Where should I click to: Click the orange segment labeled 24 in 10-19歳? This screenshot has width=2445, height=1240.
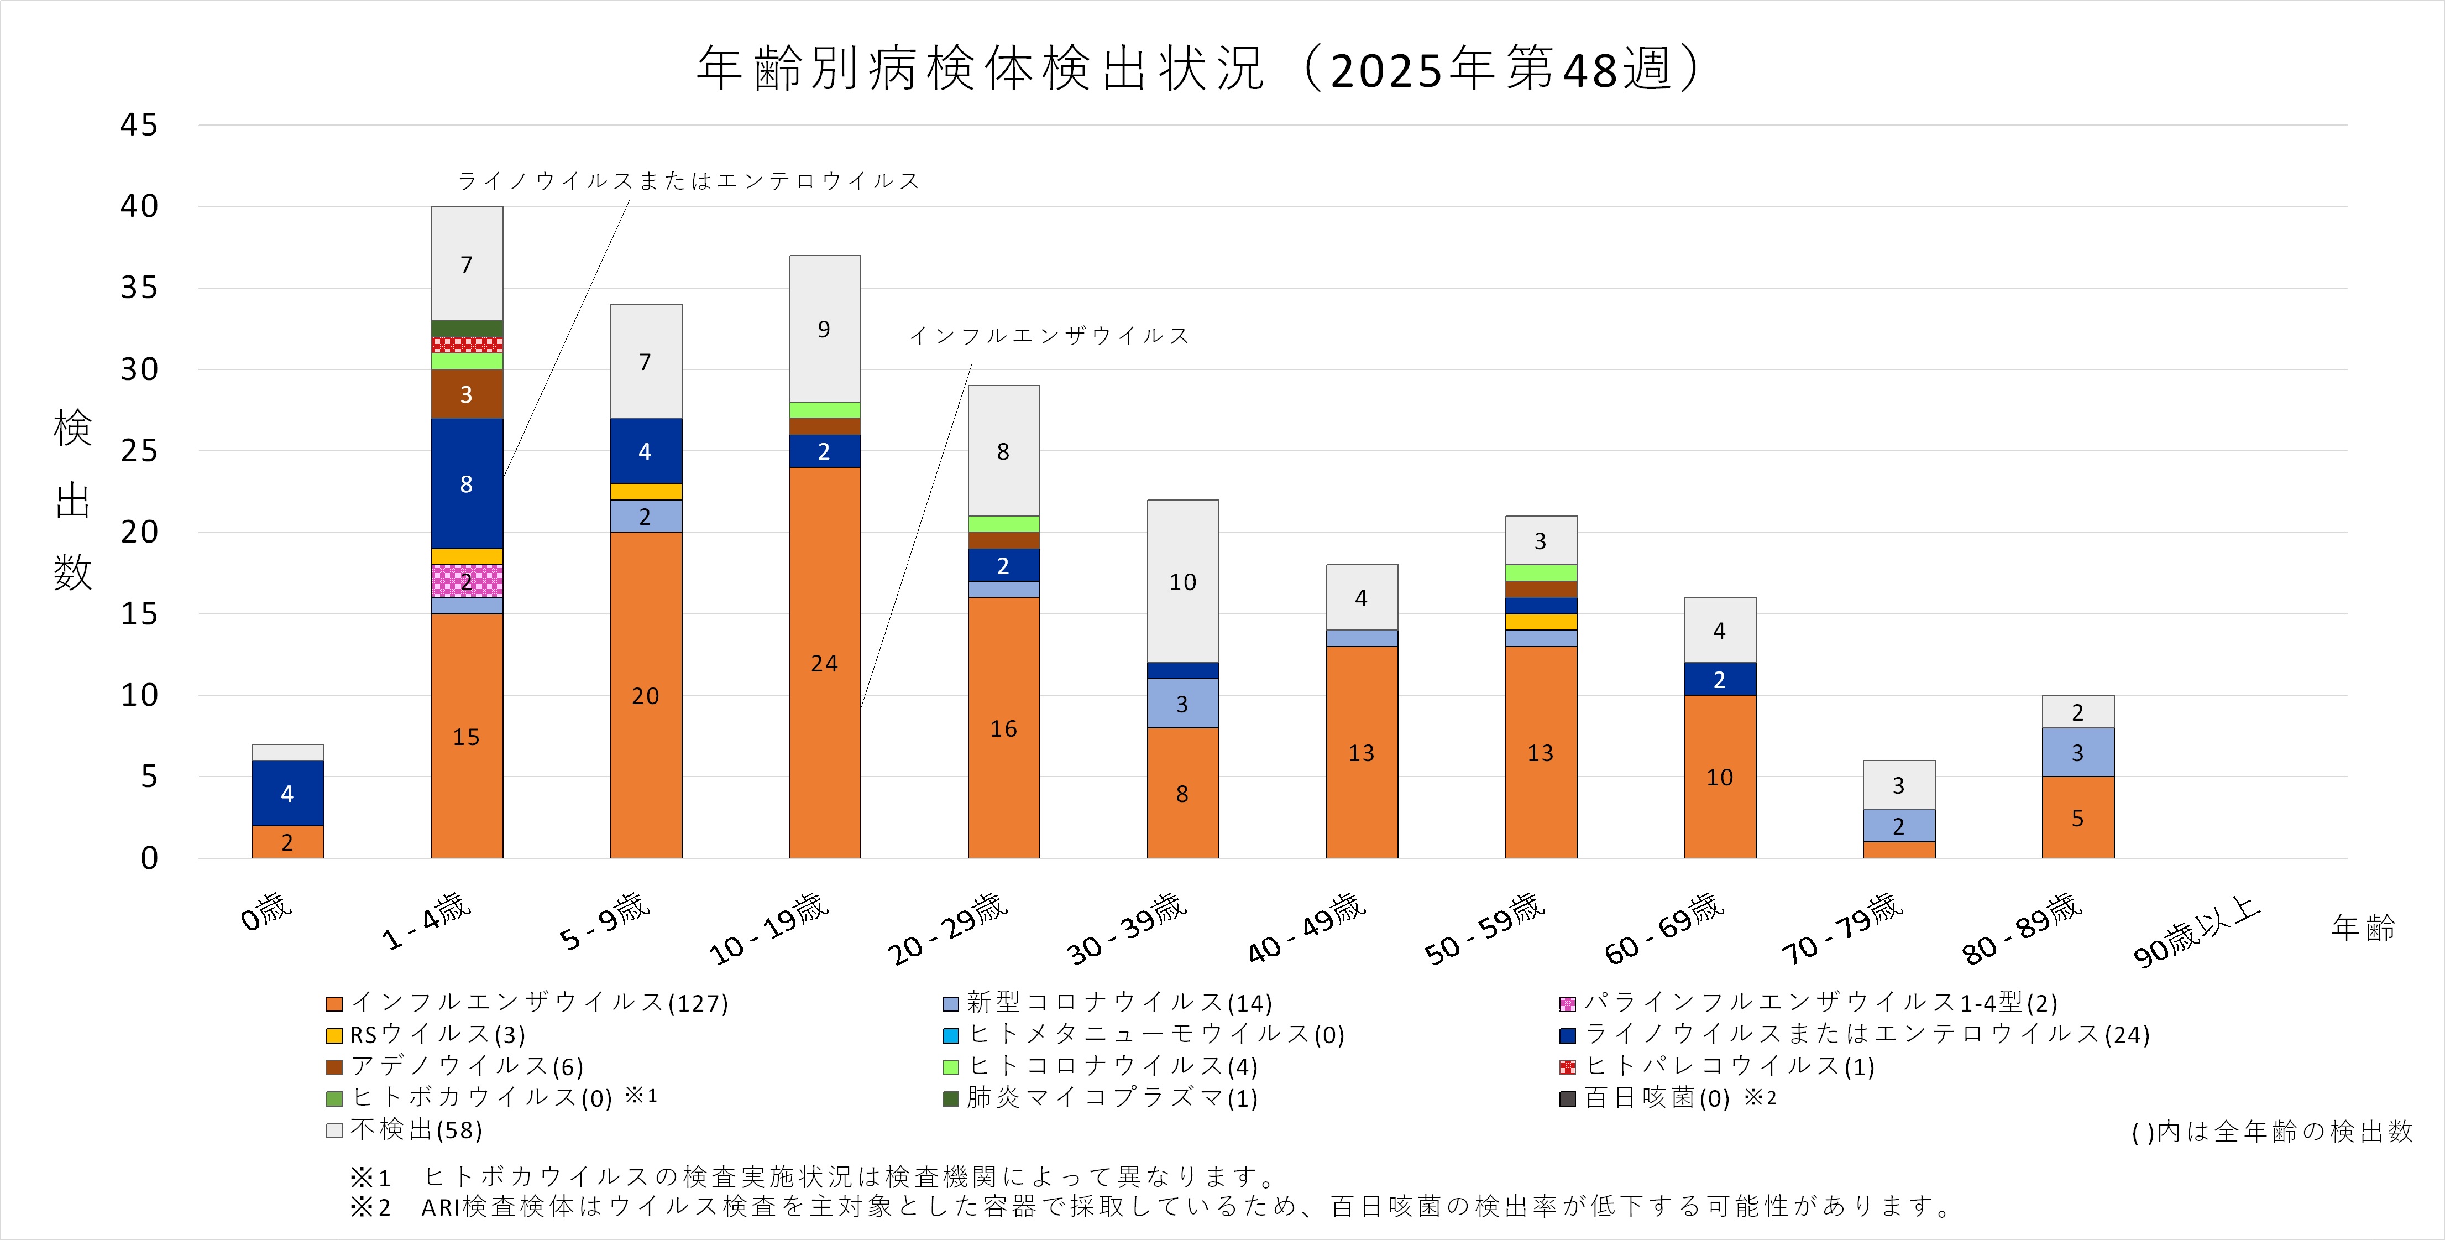coord(824,662)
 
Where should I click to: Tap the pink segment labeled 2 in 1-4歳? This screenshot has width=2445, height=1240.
coord(466,581)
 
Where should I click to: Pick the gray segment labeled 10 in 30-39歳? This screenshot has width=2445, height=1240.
coord(1182,581)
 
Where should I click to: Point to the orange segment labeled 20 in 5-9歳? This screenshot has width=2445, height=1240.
coord(646,695)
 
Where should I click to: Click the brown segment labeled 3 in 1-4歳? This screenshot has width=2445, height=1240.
coord(466,394)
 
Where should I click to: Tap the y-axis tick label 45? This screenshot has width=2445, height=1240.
coord(139,124)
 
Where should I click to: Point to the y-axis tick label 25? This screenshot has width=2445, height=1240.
coord(139,451)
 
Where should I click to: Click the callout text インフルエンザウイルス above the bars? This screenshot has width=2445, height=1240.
coord(1049,335)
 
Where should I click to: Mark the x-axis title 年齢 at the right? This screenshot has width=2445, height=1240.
coord(2363,928)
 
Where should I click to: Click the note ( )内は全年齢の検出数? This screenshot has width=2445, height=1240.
coord(2271,1132)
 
